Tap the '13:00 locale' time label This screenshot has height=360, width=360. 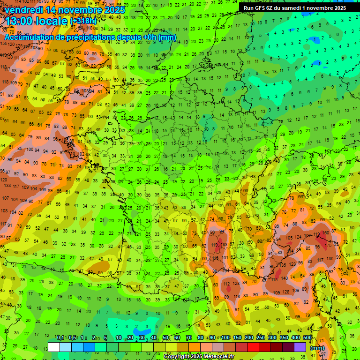coord(36,21)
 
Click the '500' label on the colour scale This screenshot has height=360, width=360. coord(307,338)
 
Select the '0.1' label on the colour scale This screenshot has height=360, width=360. coord(60,338)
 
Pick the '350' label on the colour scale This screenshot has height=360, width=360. coord(284,338)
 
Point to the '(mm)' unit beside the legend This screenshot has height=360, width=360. coord(317,348)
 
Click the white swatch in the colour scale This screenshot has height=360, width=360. coord(54,347)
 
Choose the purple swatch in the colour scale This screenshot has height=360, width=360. coord(300,347)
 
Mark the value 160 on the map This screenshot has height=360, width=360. coord(326,233)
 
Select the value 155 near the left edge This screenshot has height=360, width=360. coord(4,44)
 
